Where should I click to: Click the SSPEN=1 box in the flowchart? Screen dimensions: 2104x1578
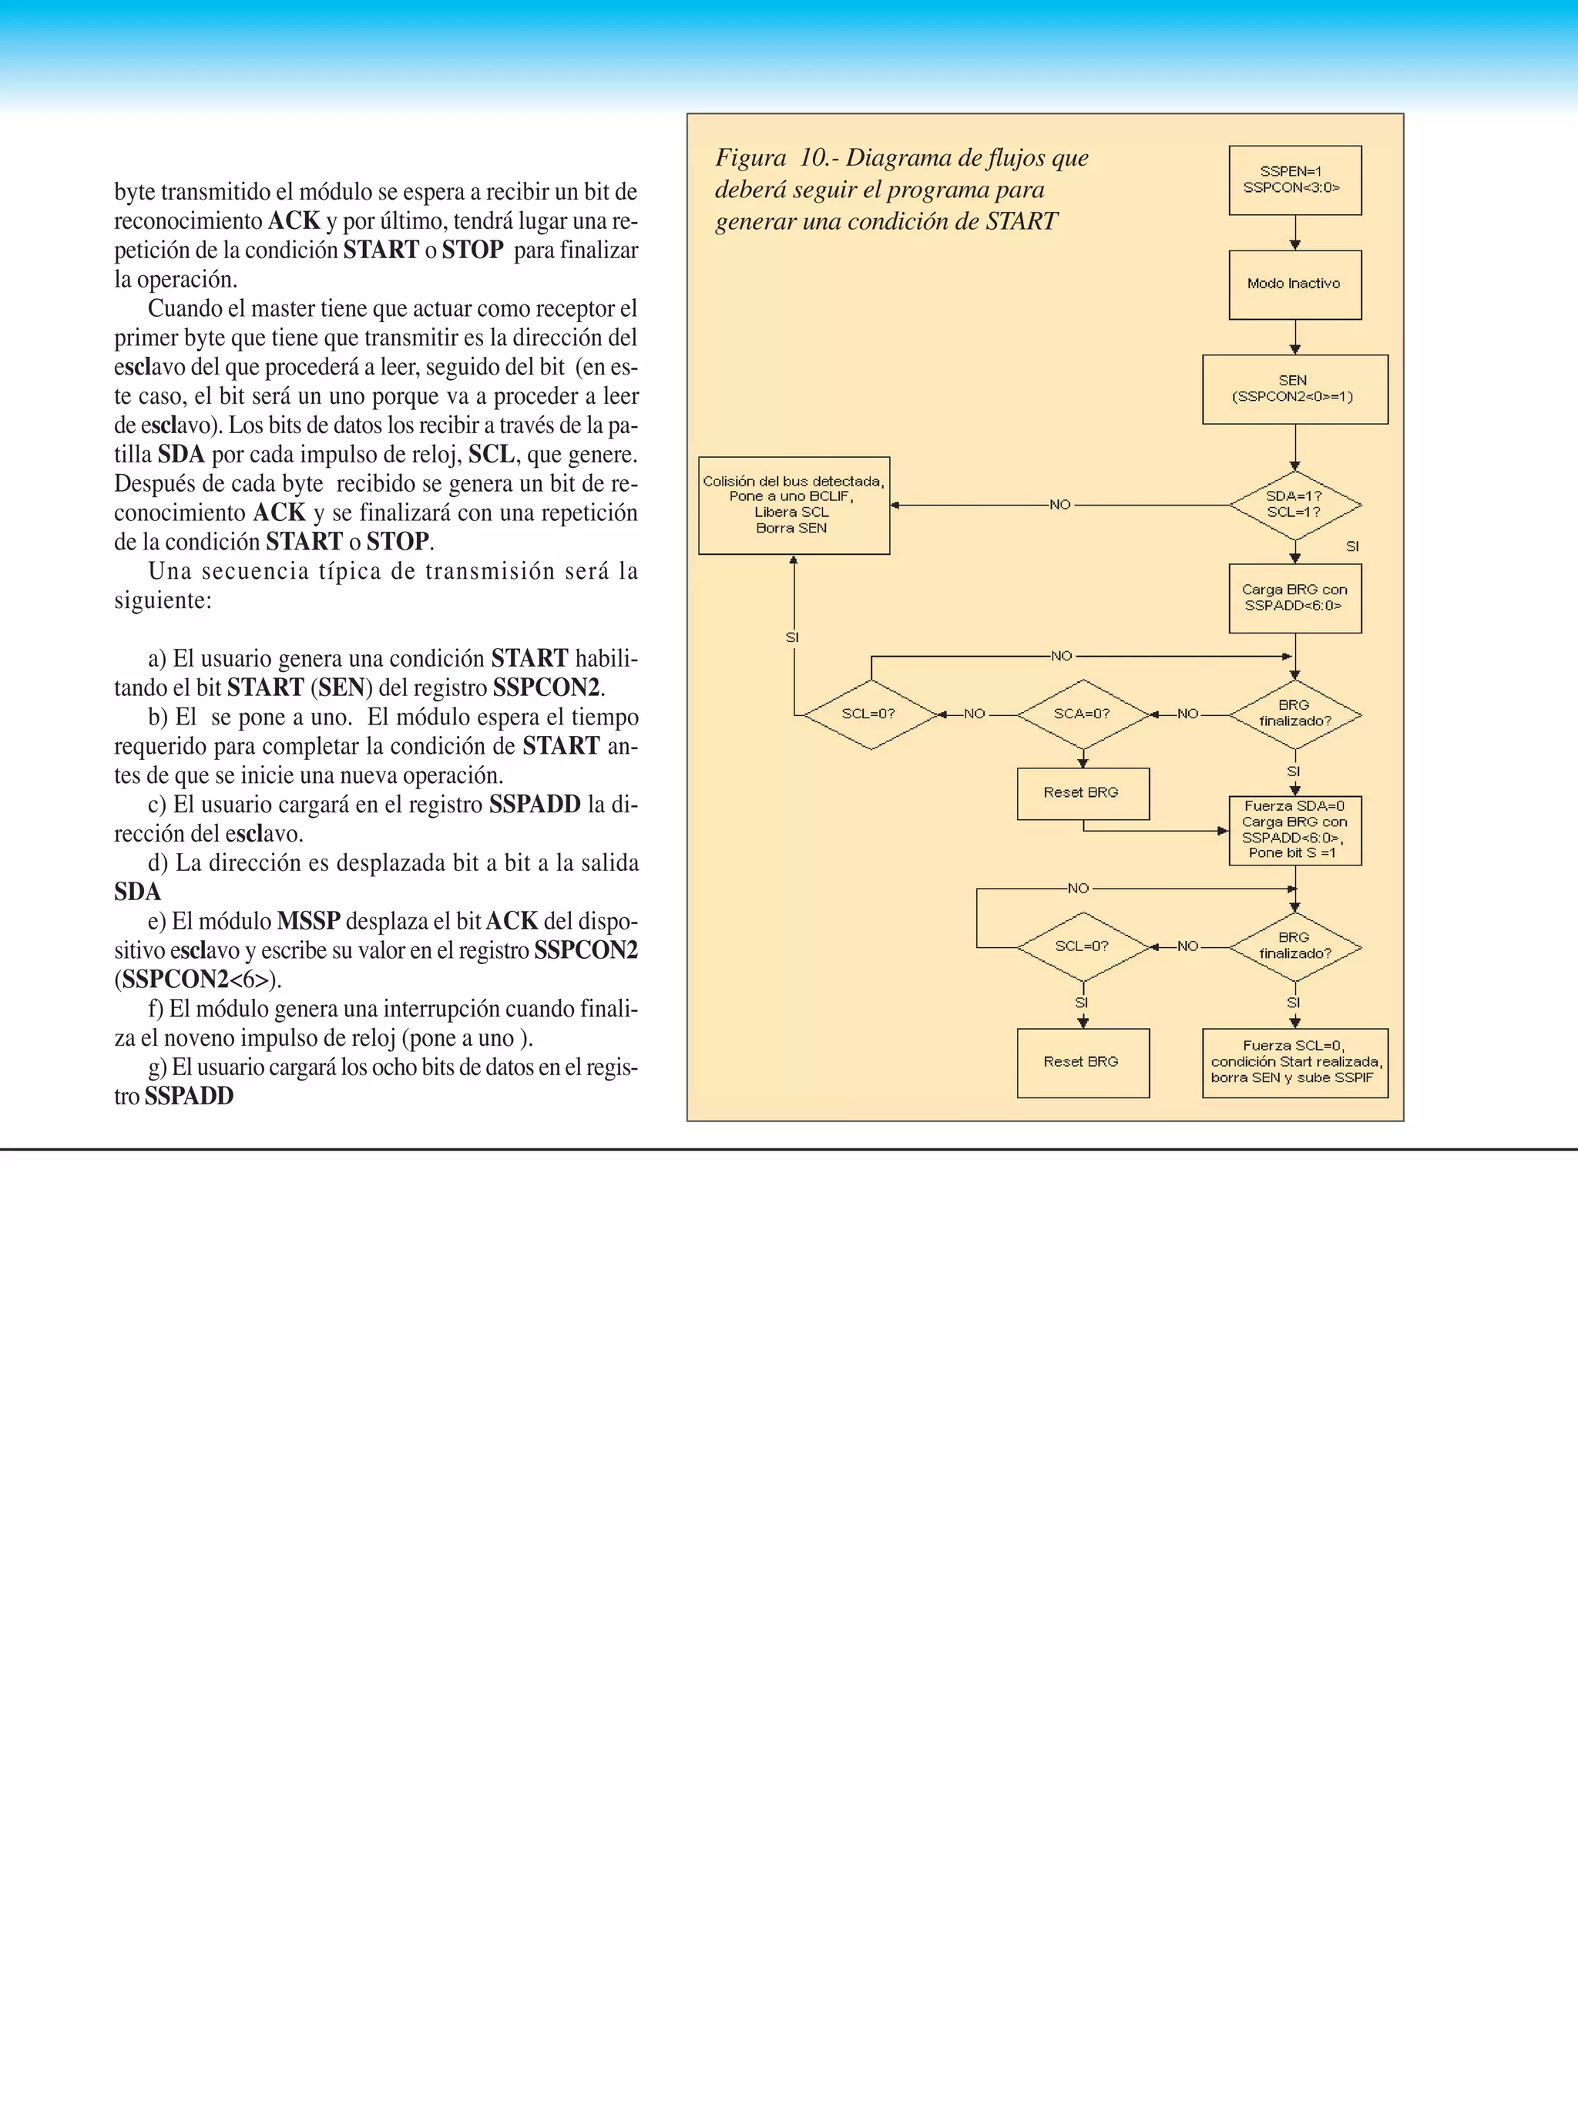click(x=1294, y=180)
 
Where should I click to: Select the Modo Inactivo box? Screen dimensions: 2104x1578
click(x=1294, y=284)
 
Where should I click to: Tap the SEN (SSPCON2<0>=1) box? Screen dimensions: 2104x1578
click(x=1294, y=389)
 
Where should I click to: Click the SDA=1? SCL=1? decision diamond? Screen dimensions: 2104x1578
click(x=1294, y=504)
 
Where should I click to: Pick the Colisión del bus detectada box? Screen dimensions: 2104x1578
click(x=794, y=505)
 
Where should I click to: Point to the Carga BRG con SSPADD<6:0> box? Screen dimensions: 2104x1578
click(x=1294, y=598)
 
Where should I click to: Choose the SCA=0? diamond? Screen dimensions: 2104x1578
click(x=1083, y=714)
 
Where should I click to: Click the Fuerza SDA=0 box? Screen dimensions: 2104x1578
click(x=1294, y=830)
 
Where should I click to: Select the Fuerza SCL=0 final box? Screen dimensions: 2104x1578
click(x=1294, y=1063)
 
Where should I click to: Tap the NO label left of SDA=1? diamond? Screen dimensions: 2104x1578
click(x=1059, y=505)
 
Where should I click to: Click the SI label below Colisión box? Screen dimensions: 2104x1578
click(x=792, y=637)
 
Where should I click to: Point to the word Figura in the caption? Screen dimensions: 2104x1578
click(x=750, y=158)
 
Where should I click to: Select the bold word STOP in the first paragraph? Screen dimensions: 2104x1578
click(x=472, y=250)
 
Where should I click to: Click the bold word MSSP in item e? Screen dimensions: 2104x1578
click(x=308, y=921)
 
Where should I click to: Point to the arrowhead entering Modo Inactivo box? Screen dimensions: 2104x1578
click(x=1294, y=245)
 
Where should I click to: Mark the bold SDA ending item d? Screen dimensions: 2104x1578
click(x=138, y=892)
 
